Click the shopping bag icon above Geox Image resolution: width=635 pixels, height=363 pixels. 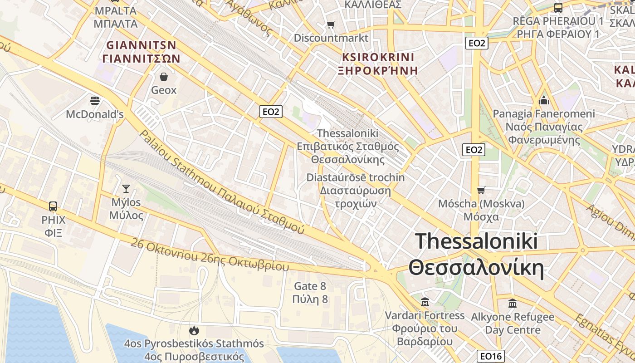(164, 76)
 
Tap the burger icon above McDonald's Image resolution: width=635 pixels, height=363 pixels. (95, 100)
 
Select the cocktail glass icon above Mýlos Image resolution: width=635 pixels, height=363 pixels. (126, 188)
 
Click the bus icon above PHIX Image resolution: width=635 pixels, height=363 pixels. (53, 206)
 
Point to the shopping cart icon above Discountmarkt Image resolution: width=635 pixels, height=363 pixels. (331, 25)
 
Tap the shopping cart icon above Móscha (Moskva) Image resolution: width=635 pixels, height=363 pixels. (481, 190)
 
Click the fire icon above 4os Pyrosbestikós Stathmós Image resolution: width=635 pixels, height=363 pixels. (194, 330)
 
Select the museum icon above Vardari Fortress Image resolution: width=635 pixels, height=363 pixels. (425, 302)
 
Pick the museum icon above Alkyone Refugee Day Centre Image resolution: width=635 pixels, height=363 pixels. (513, 303)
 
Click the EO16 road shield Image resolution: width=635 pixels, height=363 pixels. (491, 356)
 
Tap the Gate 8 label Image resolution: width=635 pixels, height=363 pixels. (310, 286)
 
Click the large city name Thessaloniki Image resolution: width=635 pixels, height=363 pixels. (476, 241)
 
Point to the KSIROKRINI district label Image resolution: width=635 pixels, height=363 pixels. (378, 57)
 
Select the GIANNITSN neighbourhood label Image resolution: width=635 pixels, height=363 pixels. (141, 45)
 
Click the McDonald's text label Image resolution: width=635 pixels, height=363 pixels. (95, 114)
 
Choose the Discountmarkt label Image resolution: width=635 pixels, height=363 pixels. (331, 38)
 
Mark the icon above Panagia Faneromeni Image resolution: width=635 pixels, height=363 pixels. (543, 100)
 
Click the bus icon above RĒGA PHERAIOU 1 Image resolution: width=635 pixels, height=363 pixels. (558, 8)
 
